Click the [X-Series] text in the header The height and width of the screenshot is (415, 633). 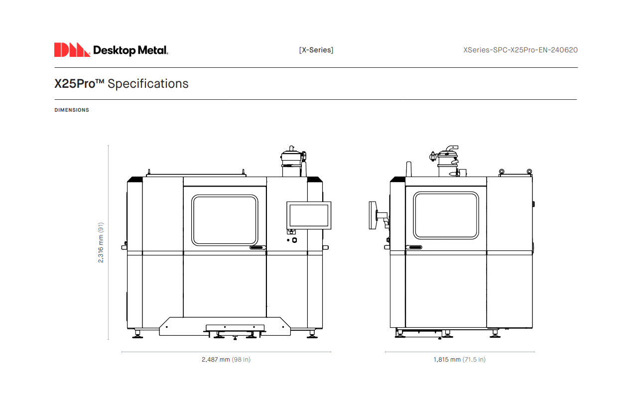[316, 50]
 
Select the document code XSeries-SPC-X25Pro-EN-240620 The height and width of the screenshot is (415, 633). [520, 50]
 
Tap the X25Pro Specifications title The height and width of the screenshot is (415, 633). [122, 83]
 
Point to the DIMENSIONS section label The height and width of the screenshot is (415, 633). [72, 110]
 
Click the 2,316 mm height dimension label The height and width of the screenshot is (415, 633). [101, 242]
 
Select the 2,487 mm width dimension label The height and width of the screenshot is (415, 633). [226, 359]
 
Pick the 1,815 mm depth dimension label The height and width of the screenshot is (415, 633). [459, 359]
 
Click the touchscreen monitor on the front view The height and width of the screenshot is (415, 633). [309, 215]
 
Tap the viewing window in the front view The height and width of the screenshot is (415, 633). [225, 220]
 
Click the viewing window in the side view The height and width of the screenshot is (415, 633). [446, 215]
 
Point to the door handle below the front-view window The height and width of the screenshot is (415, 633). [258, 247]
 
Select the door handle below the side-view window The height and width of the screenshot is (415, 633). [414, 247]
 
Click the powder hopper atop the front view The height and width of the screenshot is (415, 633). [291, 161]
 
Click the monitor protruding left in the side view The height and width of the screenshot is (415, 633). [373, 215]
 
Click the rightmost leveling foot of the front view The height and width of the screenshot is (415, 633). [312, 334]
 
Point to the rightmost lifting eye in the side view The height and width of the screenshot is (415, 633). [529, 172]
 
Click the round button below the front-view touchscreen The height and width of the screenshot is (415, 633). [294, 240]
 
